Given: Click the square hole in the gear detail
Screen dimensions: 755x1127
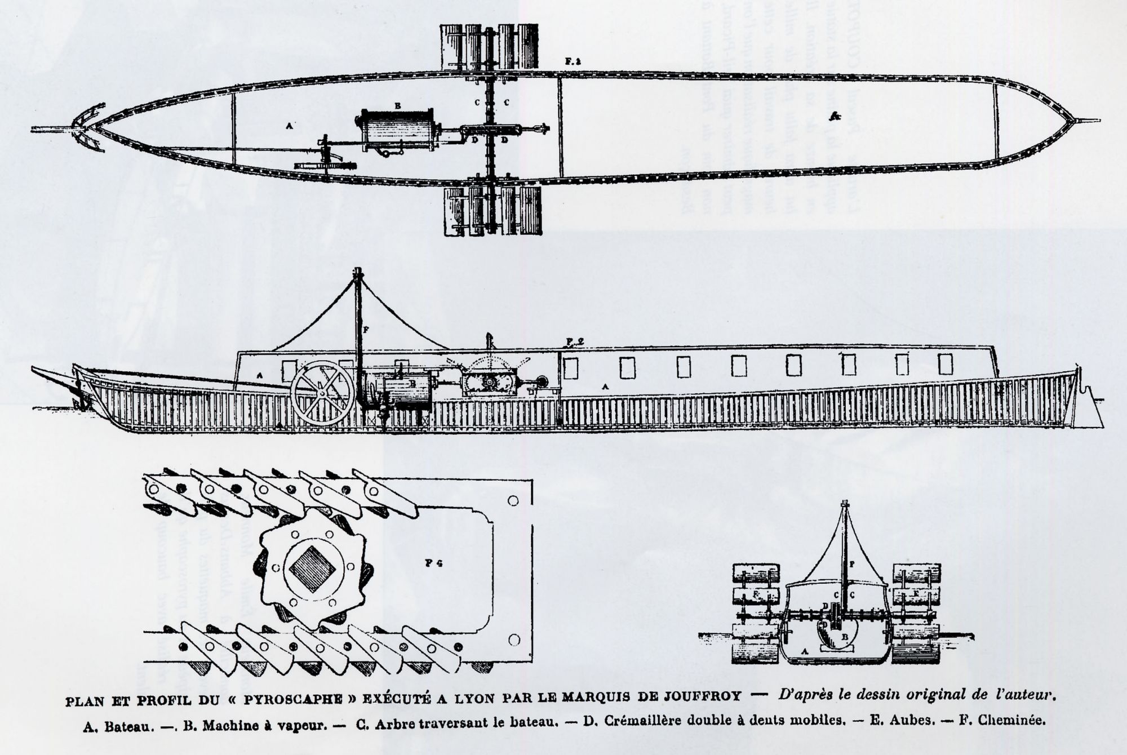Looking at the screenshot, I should [x=312, y=569].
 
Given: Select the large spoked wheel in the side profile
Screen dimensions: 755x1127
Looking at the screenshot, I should [x=323, y=393].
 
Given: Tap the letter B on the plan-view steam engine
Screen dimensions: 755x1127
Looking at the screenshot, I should [x=397, y=105].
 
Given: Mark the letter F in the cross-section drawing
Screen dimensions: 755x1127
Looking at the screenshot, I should [x=851, y=563].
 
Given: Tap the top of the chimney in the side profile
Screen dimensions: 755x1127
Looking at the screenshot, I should [x=357, y=273].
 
